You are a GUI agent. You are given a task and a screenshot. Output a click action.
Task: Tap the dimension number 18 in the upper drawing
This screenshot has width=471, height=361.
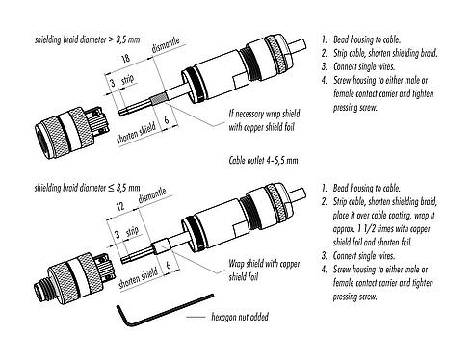(127, 61)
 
